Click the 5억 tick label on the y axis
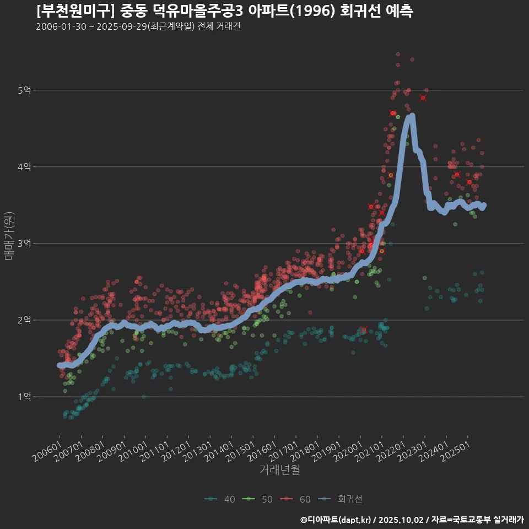pos(24,90)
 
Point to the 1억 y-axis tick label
pos(24,397)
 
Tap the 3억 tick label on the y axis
pos(24,244)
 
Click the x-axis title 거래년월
pos(279,470)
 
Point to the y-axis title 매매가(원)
pos(9,236)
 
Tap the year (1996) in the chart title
pos(313,11)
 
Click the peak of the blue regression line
pos(411,116)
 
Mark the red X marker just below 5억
pos(423,98)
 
